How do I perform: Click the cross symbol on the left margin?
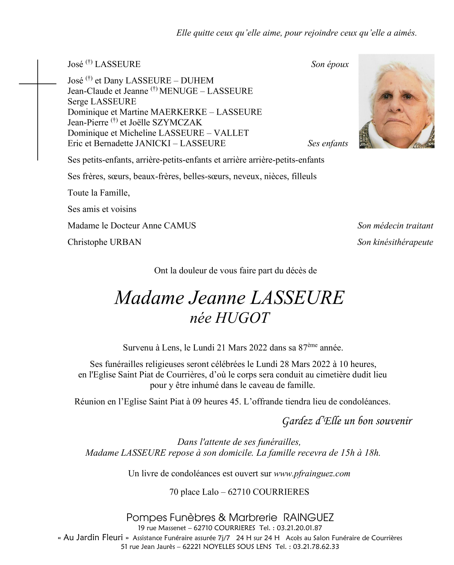(x=37, y=84)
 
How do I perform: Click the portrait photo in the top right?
(x=396, y=101)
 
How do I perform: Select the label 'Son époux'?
(x=330, y=64)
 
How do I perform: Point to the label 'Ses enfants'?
(x=328, y=144)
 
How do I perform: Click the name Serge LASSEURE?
(x=102, y=101)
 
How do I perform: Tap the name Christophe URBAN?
(x=104, y=242)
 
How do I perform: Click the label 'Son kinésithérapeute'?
(x=395, y=242)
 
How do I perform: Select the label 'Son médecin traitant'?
(x=395, y=226)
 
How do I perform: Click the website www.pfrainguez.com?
(x=312, y=474)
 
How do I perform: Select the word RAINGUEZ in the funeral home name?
(x=309, y=518)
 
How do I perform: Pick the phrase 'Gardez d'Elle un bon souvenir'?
(x=347, y=421)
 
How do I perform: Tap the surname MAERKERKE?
(x=178, y=112)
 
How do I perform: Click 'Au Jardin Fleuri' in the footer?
(x=93, y=538)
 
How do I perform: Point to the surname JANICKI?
(x=153, y=143)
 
